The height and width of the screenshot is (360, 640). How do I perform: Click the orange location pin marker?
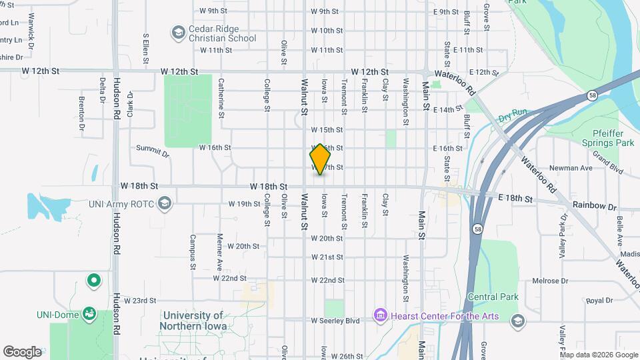click(320, 159)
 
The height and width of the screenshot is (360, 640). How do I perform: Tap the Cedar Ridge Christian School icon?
click(178, 32)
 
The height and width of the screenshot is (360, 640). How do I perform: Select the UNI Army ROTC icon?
click(165, 201)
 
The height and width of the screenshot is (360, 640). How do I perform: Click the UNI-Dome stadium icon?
click(89, 313)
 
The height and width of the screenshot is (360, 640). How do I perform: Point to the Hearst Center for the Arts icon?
click(380, 314)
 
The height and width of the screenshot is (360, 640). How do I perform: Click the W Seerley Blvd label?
click(335, 321)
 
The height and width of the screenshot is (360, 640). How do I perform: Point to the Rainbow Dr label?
click(594, 206)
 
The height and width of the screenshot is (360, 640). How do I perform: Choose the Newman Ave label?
click(571, 168)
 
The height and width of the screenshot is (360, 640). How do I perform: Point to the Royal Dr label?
click(599, 301)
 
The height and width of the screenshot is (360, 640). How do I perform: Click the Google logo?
click(23, 351)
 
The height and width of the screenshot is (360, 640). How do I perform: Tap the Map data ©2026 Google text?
click(598, 355)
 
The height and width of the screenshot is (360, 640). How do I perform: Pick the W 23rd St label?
click(139, 301)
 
